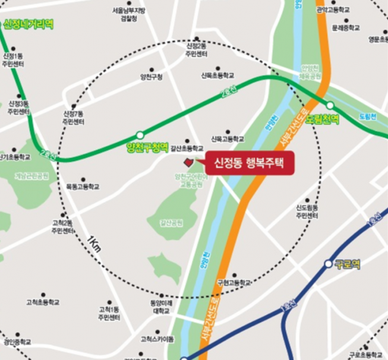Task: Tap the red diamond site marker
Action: (x=188, y=162)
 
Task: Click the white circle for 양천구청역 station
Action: (x=140, y=135)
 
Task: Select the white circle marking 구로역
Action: (x=328, y=263)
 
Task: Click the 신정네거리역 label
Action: (x=28, y=24)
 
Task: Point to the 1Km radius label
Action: (x=93, y=244)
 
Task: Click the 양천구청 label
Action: (x=151, y=77)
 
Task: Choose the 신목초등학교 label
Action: (x=217, y=75)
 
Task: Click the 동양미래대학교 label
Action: (x=161, y=307)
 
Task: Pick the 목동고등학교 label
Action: (x=83, y=187)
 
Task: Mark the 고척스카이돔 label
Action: (x=157, y=339)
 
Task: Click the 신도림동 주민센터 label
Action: (x=307, y=211)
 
